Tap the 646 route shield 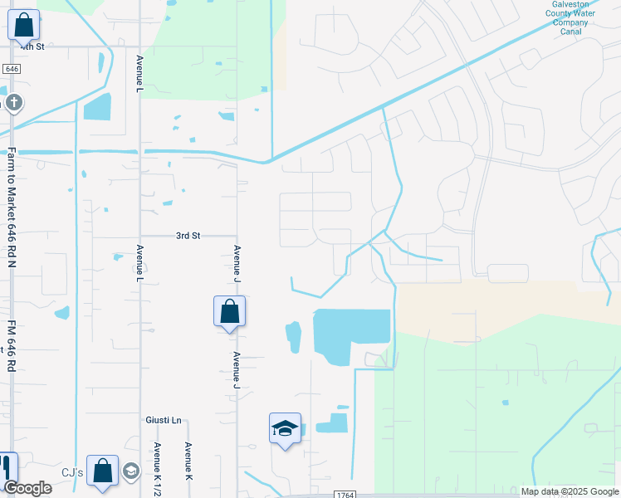pos(11,69)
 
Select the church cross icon pos(13,103)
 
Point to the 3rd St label pos(188,236)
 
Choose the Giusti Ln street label pos(164,420)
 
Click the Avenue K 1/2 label pos(156,468)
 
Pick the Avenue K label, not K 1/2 pos(188,461)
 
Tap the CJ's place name pos(73,473)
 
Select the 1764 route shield pos(346,495)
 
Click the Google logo pos(27,488)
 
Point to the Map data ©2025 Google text pos(569,491)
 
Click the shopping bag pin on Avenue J pos(230,312)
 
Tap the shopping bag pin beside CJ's pos(102,471)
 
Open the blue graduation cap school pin pos(285,429)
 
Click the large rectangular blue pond pos(350,334)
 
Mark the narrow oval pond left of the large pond pos(293,337)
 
